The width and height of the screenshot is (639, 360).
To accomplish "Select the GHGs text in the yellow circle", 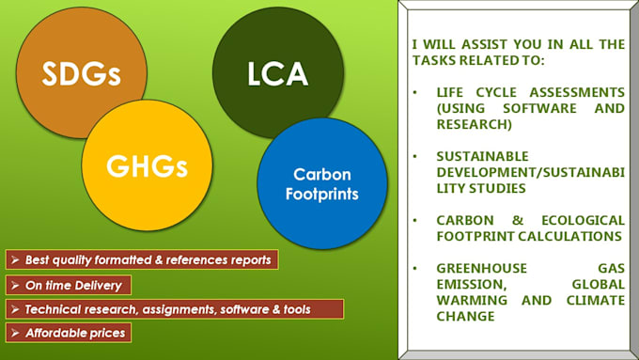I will pyautogui.click(x=147, y=166).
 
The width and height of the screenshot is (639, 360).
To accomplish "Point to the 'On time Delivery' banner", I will pyautogui.click(x=67, y=284).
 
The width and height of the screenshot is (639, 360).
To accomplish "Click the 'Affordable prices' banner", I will pyautogui.click(x=67, y=332).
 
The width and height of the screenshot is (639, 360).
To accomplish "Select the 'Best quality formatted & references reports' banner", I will pyautogui.click(x=141, y=259).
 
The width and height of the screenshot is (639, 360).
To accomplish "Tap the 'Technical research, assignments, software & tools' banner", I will pyautogui.click(x=174, y=308).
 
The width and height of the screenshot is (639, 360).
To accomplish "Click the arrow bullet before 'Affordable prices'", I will pyautogui.click(x=14, y=333).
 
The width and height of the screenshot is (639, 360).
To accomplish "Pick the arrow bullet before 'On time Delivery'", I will pyautogui.click(x=14, y=284).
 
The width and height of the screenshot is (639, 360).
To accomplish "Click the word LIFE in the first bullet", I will pyautogui.click(x=454, y=92).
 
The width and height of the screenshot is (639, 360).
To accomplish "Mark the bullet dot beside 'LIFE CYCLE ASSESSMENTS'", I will pyautogui.click(x=416, y=93).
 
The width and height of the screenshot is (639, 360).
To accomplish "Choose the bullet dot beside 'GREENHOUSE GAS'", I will pyautogui.click(x=416, y=269).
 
